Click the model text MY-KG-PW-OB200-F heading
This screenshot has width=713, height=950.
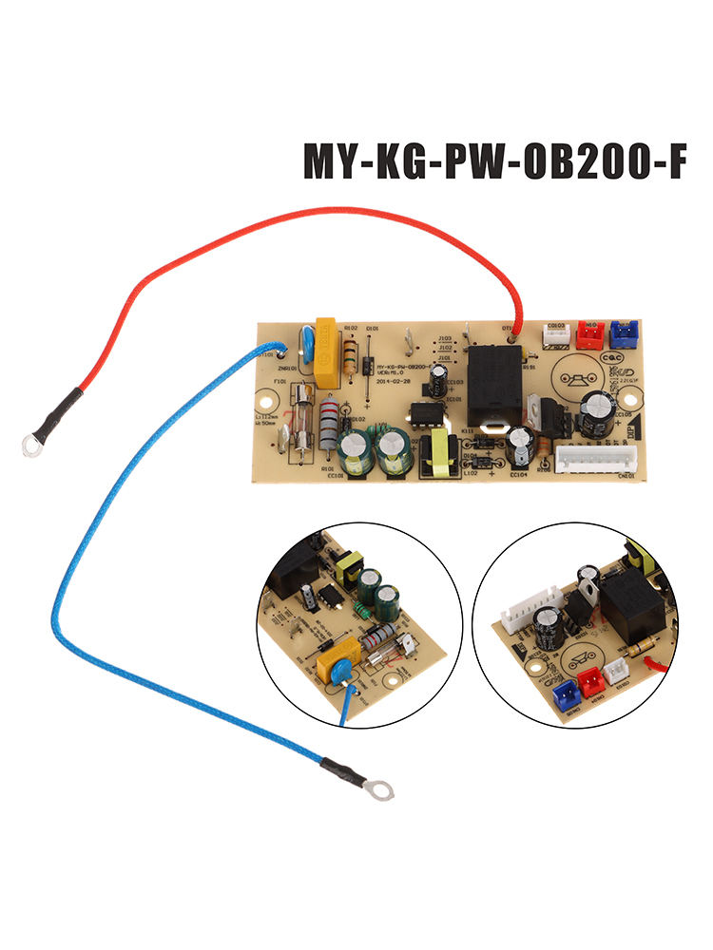coord(493,161)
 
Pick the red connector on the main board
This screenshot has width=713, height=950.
coord(591,332)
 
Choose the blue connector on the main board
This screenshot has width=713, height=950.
coord(624,332)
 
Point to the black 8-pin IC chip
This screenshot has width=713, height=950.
coord(422,416)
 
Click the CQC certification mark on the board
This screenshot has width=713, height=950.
coord(614,356)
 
